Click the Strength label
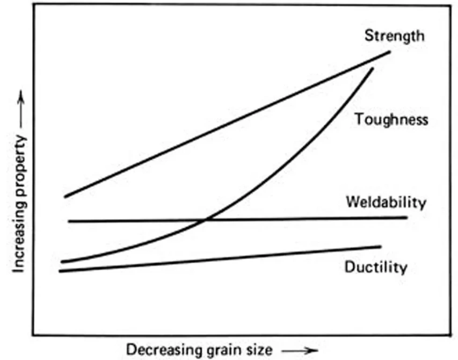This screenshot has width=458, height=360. click(x=394, y=36)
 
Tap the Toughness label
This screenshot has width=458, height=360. click(x=391, y=119)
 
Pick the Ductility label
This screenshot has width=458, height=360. click(x=376, y=267)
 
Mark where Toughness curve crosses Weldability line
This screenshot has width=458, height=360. click(x=205, y=220)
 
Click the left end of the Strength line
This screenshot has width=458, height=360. click(x=65, y=197)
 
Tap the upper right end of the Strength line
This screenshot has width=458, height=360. click(x=390, y=52)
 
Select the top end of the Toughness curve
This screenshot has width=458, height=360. click(x=372, y=68)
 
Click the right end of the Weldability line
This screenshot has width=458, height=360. click(x=406, y=217)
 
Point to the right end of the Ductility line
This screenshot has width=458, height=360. click(x=380, y=246)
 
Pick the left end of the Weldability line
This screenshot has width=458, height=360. click(x=69, y=221)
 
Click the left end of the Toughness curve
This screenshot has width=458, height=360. click(x=62, y=262)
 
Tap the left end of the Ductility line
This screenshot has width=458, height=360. click(x=60, y=271)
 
